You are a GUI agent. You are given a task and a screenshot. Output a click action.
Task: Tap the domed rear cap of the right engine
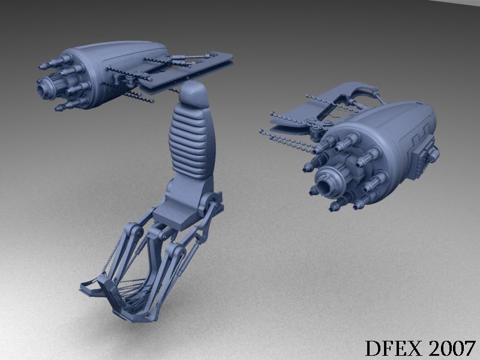tap(422, 122)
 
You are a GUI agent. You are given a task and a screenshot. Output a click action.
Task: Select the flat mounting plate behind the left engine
tap(187, 73)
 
